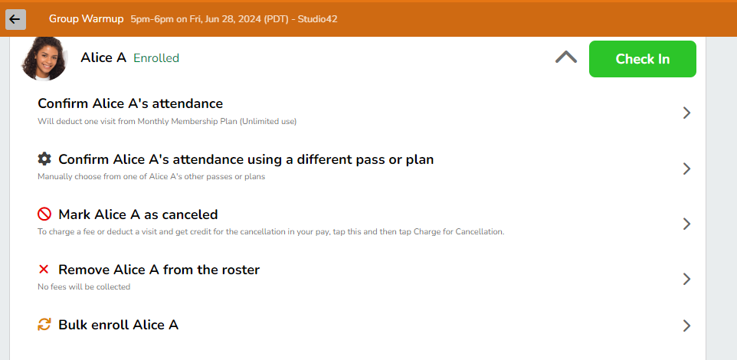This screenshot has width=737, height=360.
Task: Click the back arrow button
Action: coord(15,19)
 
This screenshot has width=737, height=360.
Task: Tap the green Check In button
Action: coord(643,59)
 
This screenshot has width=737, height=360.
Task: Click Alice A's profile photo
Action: coord(44,58)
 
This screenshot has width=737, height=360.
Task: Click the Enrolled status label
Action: coord(156,58)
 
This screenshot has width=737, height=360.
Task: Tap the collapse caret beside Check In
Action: coord(566,57)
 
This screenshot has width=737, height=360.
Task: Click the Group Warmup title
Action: coord(86,19)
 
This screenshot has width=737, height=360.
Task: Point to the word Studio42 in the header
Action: coord(318,19)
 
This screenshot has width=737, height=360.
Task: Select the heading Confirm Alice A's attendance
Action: coord(130,103)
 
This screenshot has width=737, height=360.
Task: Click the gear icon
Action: coord(44,159)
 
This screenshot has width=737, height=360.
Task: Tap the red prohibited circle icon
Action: coord(44,214)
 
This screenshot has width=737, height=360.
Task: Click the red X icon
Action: coord(44,270)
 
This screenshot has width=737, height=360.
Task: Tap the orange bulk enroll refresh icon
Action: coord(44,324)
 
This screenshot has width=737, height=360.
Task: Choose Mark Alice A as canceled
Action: coord(138,214)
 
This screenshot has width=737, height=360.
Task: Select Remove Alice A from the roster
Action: coord(159,270)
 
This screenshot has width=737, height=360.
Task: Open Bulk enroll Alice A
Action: coord(119,325)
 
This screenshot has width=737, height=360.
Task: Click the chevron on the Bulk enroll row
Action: coord(686,326)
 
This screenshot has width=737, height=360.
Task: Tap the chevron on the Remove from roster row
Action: coord(686,279)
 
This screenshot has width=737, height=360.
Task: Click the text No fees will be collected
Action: coord(84,286)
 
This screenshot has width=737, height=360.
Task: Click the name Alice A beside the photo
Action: coord(103,57)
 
